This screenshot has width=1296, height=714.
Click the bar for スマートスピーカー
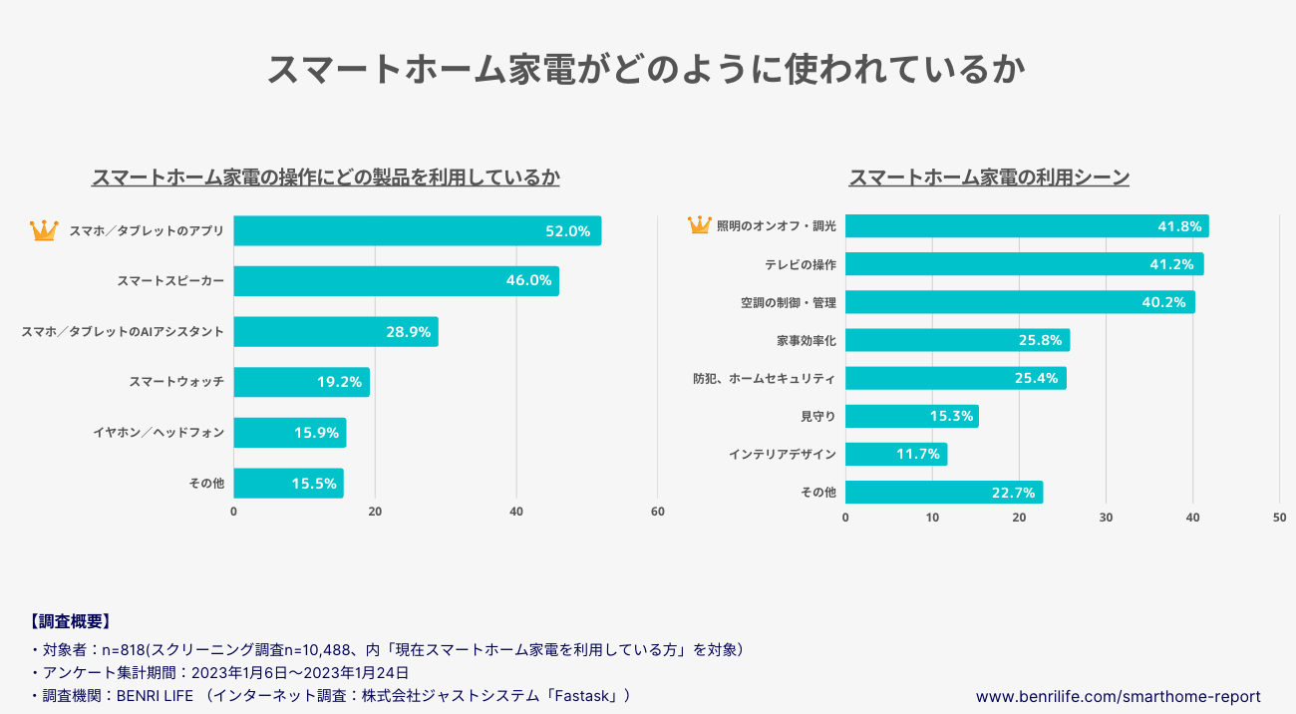(396, 280)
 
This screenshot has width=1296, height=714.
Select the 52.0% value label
(567, 230)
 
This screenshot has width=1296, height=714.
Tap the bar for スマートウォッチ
(301, 382)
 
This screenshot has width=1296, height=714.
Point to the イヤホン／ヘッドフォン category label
(159, 433)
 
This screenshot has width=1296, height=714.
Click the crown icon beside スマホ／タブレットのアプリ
(44, 230)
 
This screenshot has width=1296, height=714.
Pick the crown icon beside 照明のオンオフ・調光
(700, 225)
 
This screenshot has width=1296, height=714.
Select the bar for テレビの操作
(1024, 264)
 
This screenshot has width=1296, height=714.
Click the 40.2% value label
(1164, 302)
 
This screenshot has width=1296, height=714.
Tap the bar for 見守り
(911, 416)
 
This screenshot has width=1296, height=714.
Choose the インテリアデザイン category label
(783, 454)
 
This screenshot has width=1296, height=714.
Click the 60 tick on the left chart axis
(657, 512)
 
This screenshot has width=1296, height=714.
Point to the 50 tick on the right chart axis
(1279, 518)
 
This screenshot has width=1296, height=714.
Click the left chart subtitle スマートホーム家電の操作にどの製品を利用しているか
(325, 178)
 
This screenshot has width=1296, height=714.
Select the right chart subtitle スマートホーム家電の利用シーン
(988, 178)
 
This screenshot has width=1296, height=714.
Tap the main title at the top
(647, 70)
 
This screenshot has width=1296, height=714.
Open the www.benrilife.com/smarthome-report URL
(1118, 696)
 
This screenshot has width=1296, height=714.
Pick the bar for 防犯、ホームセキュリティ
(955, 378)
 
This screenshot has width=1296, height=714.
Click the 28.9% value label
(408, 332)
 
